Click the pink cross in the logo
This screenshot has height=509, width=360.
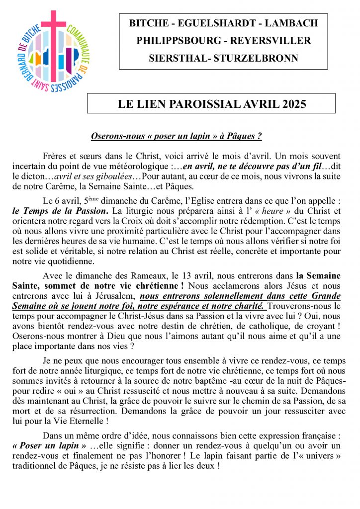tap(53, 35)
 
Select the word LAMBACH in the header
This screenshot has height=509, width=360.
tap(291, 23)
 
